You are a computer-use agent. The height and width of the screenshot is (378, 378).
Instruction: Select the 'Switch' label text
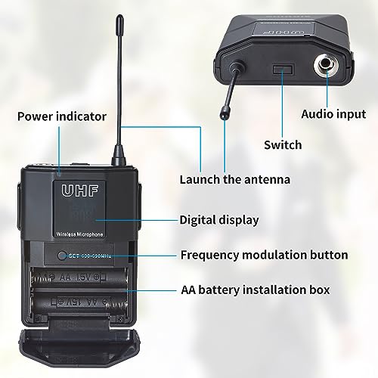(x=283, y=144)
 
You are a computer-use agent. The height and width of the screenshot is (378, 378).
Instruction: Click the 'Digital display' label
(x=219, y=220)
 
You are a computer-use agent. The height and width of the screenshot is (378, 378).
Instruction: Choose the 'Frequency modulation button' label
(x=264, y=255)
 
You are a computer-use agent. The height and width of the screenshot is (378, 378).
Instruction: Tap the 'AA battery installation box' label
(x=256, y=290)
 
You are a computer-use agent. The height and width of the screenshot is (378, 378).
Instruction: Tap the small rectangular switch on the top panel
(x=283, y=71)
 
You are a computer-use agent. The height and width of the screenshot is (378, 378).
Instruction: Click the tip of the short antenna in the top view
(x=224, y=115)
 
